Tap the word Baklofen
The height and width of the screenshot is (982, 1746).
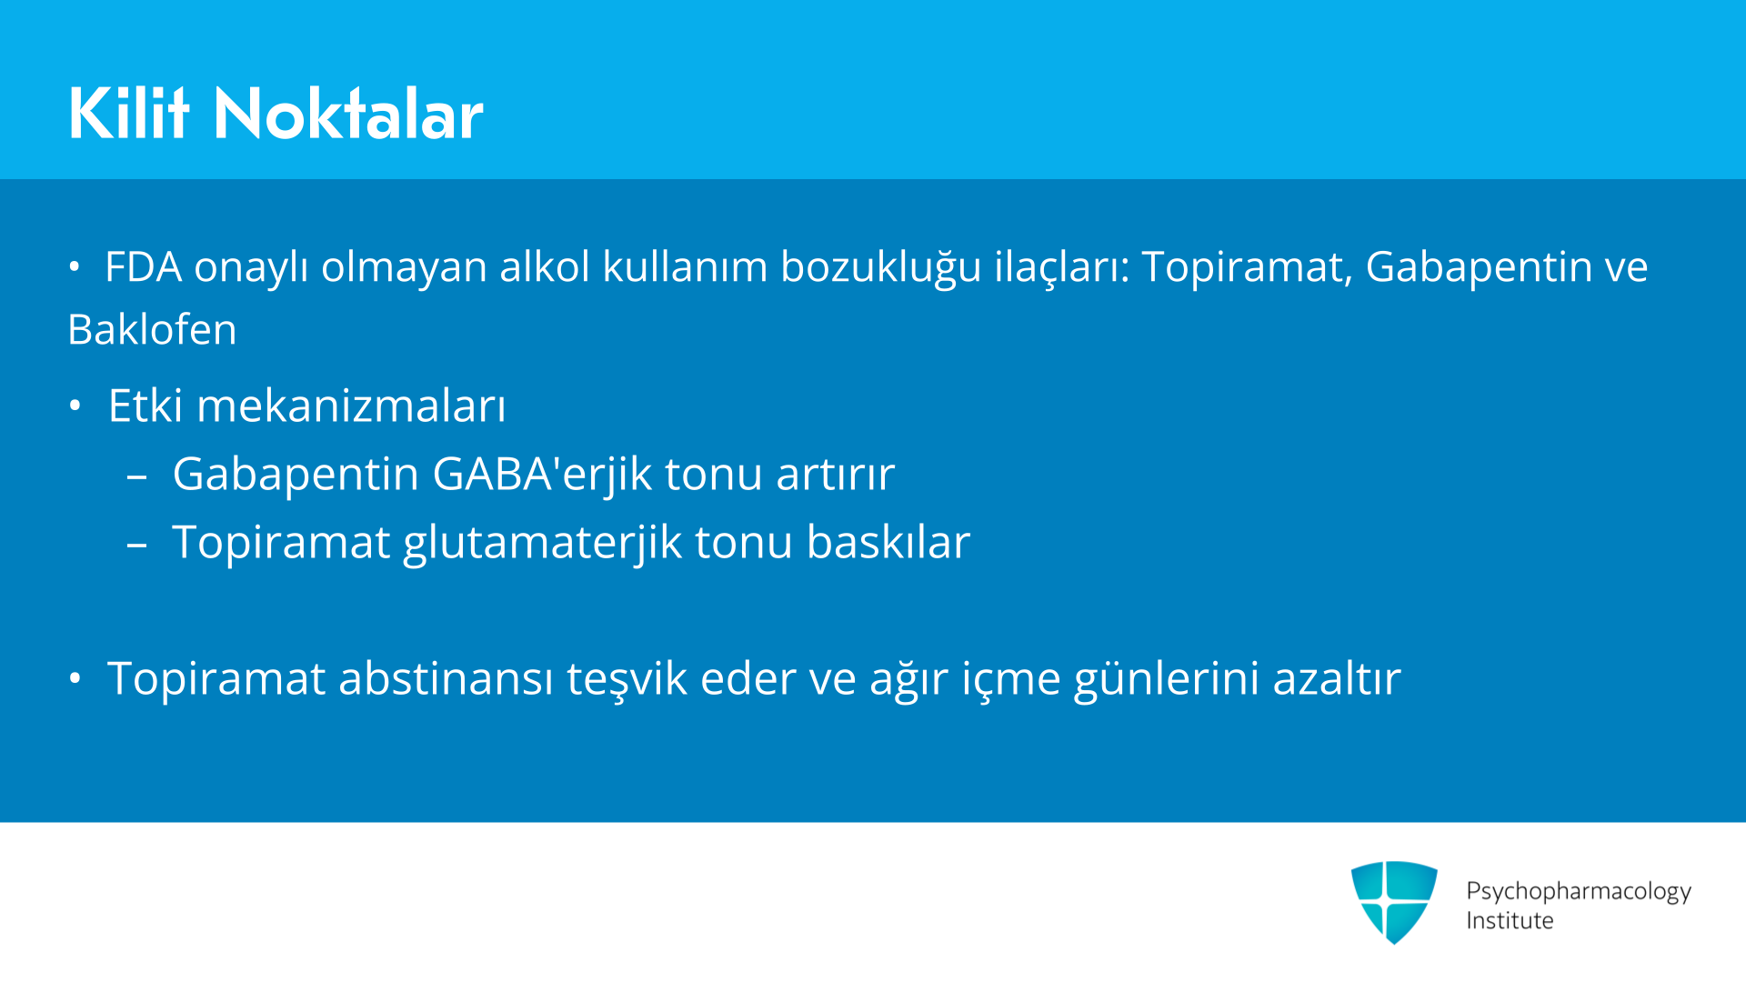(152, 329)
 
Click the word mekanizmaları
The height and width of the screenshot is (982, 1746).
(351, 406)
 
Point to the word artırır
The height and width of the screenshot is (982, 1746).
(835, 475)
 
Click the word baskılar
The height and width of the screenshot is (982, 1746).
(888, 542)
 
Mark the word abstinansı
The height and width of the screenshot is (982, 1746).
(446, 678)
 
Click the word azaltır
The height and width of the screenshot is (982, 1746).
(1336, 678)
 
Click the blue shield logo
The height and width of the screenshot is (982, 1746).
(1394, 902)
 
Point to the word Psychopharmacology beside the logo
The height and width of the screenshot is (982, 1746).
(1579, 892)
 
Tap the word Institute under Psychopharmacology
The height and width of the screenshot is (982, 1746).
(1510, 921)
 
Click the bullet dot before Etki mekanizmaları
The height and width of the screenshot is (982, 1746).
(75, 406)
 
